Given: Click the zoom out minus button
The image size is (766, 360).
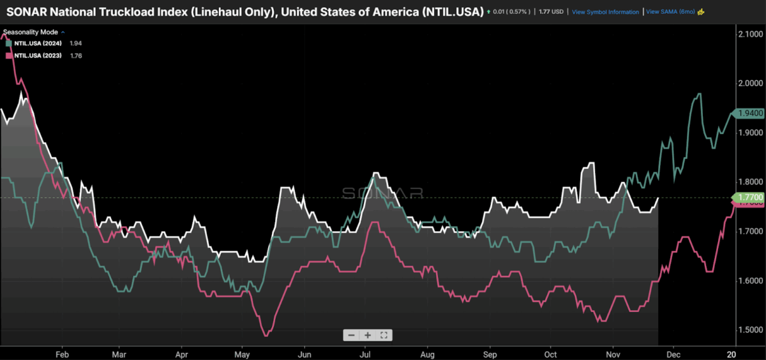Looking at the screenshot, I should [352, 335].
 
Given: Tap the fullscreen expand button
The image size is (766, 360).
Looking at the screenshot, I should [384, 335].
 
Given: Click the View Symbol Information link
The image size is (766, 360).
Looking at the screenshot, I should [605, 12].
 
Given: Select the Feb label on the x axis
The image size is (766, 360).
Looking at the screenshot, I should [62, 353].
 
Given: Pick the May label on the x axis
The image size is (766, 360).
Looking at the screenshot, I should [242, 353].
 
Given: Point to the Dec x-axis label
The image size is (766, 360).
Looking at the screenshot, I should [673, 353].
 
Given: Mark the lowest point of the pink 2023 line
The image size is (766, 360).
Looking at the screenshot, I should [266, 335].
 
